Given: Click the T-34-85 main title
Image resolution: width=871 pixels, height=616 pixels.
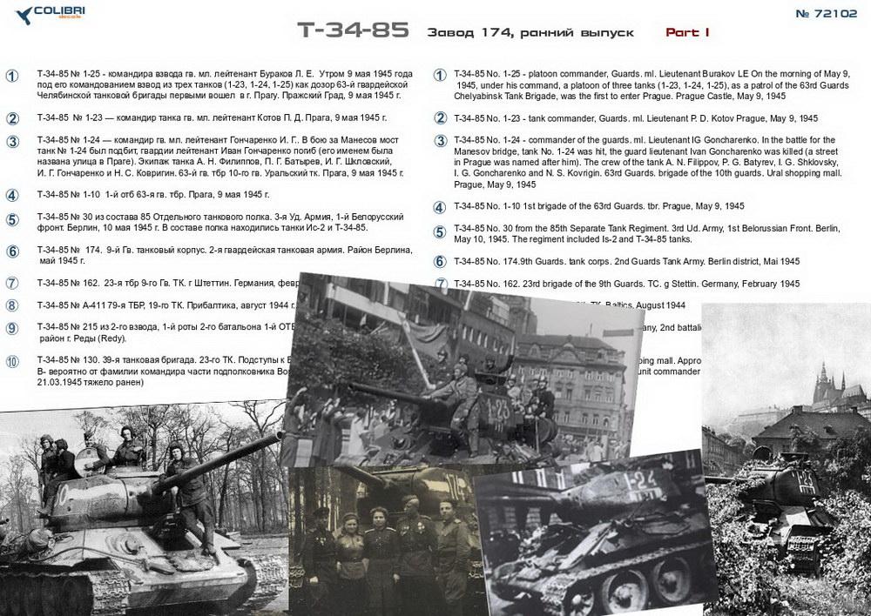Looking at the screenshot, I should point(353,30).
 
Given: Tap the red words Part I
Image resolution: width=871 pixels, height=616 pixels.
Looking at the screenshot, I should point(687,32).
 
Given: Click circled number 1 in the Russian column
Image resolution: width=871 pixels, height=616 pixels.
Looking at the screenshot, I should point(12,76).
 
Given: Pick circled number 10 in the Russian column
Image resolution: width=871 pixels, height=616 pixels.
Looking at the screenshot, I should point(12,361).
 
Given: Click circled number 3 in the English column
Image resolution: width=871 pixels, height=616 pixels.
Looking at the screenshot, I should point(441,141).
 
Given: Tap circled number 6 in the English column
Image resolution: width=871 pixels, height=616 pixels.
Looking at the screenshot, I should point(441,261).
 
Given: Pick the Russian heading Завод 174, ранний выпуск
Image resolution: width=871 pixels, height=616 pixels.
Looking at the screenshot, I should point(530,32).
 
